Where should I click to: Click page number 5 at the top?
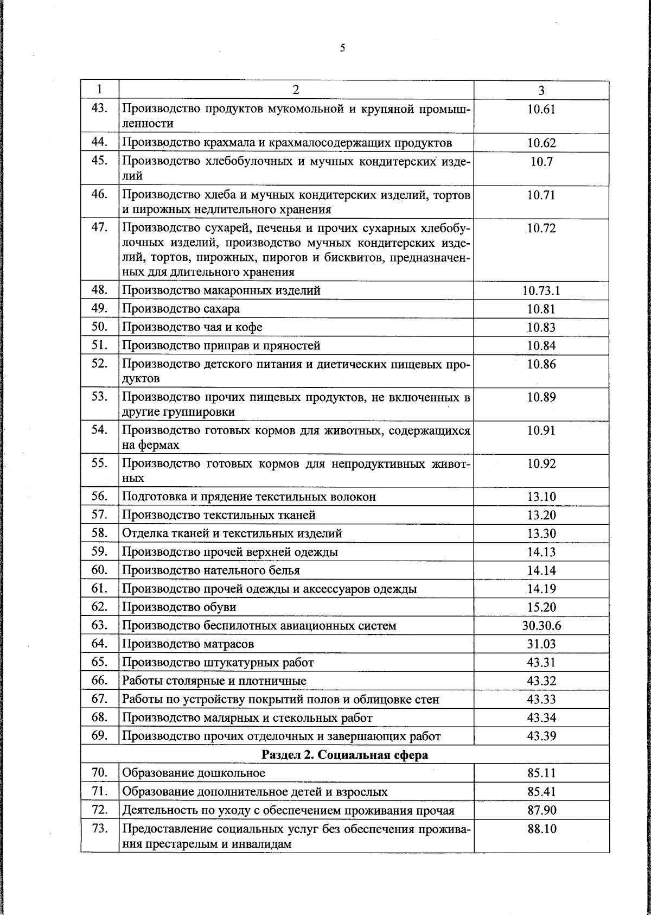coord(342,48)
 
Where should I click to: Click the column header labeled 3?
coord(541,91)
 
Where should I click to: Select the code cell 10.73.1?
coord(541,291)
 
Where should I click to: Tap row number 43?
coord(100,109)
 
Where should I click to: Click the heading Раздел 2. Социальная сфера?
coord(345,755)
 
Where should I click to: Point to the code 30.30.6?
coord(541,626)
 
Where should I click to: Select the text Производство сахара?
coord(181,309)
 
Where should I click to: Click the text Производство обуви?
coord(179,607)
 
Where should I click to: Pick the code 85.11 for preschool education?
coord(541,773)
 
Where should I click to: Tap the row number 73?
coord(100,829)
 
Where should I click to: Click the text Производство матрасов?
coord(188,644)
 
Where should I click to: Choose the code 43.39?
coord(541,736)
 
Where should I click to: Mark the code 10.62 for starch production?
coord(541,143)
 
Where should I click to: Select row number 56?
coord(100,496)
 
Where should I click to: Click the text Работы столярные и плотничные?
coord(214,681)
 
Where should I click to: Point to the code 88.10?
coord(541,829)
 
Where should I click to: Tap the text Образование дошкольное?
coord(193,773)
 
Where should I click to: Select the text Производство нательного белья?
coord(210,570)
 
